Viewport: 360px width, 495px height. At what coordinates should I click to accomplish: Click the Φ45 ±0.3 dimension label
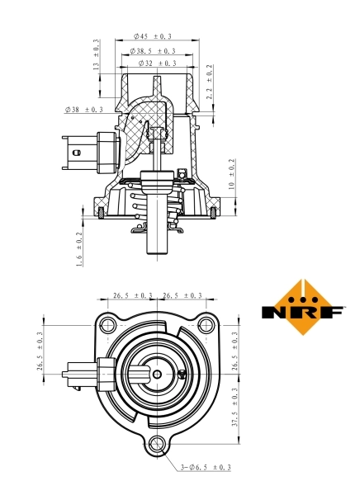pos(153,37)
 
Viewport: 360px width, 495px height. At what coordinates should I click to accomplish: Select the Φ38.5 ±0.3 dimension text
pos(153,50)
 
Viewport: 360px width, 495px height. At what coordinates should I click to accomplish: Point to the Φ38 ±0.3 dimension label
pos(83,109)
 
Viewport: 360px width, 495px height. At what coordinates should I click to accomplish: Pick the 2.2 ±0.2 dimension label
pos(210,82)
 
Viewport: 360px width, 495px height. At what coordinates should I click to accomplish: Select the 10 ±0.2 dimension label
pos(233,175)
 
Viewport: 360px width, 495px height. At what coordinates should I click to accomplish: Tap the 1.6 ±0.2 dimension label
pos(80,248)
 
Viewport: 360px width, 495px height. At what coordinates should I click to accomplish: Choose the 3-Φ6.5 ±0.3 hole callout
pos(205,469)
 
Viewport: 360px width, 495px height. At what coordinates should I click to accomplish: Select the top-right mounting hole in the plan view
pos(205,323)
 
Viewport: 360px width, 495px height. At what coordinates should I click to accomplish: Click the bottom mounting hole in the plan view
pos(158,445)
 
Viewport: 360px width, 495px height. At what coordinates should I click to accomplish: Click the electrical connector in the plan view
pos(85,374)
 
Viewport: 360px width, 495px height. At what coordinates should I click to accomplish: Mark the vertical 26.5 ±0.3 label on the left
pos(40,352)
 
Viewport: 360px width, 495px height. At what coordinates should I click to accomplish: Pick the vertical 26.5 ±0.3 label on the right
pos(236,352)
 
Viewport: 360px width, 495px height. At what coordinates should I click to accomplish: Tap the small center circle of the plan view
pos(158,374)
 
